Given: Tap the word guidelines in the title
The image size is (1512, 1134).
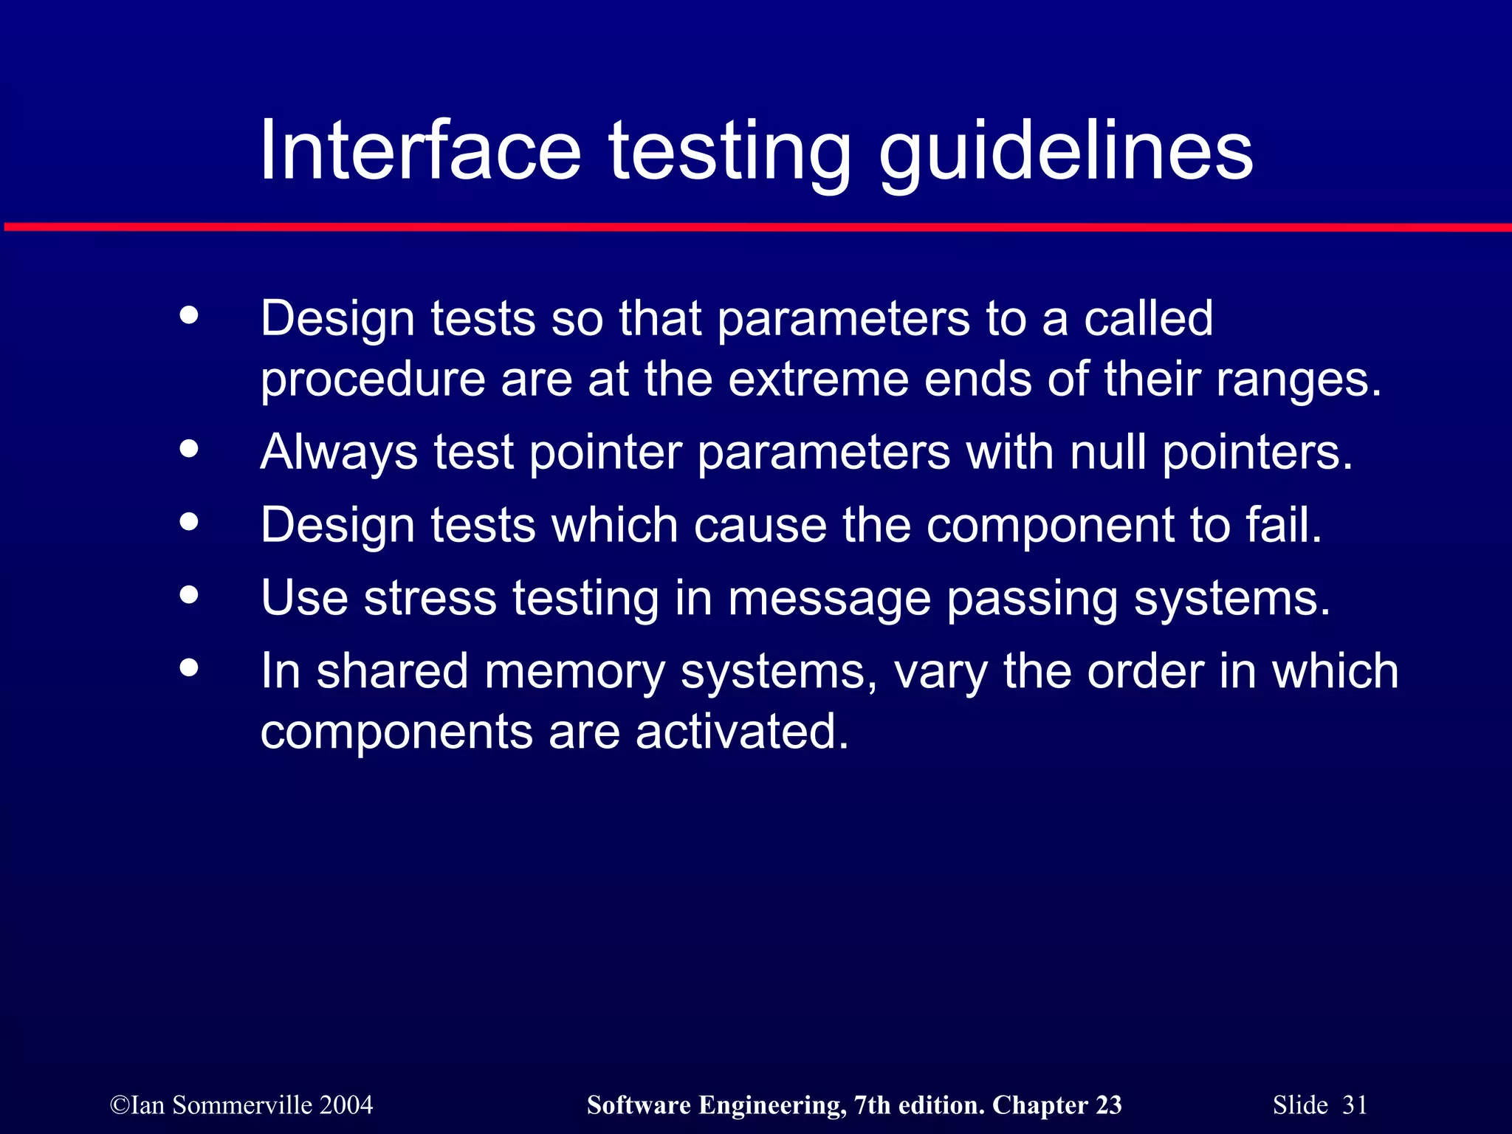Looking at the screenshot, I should pyautogui.click(x=1065, y=151).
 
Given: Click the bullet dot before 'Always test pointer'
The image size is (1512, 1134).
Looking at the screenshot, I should pyautogui.click(x=189, y=449).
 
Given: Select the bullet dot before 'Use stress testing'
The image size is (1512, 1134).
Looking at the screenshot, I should pyautogui.click(x=189, y=594).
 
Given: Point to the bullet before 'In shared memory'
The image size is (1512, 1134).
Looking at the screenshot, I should pyautogui.click(x=189, y=667).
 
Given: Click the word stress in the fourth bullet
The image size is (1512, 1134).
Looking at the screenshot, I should pyautogui.click(x=430, y=597).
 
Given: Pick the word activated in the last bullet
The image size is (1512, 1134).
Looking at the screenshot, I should pyautogui.click(x=741, y=732).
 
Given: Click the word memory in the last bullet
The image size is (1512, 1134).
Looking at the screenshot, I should pyautogui.click(x=574, y=672).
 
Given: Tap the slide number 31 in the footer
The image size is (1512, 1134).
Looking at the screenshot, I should pyautogui.click(x=1355, y=1105).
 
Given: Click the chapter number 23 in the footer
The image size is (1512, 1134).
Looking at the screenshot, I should pyautogui.click(x=1108, y=1105).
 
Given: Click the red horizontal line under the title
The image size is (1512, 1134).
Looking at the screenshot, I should pyautogui.click(x=756, y=227).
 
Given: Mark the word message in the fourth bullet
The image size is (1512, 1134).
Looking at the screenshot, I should pyautogui.click(x=829, y=599).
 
